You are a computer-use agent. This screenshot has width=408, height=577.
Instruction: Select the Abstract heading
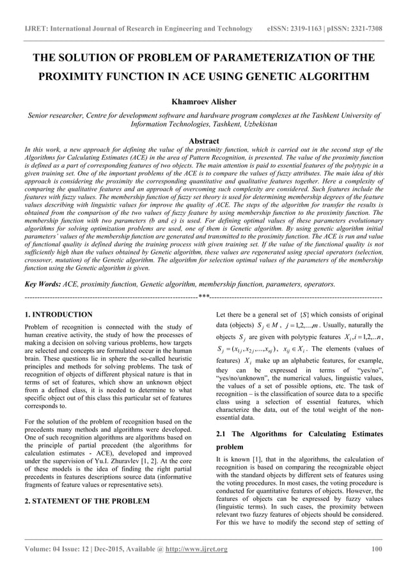(x=203, y=141)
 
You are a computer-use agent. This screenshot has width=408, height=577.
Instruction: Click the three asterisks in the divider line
(x=203, y=297)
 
